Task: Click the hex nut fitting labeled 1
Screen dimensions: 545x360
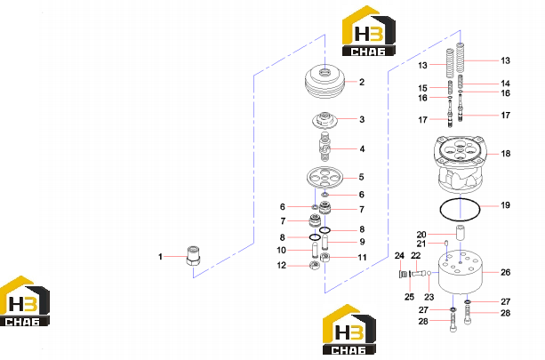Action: tap(193, 256)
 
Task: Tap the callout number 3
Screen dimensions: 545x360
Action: tap(362, 119)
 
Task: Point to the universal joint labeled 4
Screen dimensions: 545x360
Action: tap(325, 146)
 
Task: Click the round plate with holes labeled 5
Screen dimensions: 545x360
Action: tap(325, 178)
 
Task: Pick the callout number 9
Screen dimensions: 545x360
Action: tap(362, 242)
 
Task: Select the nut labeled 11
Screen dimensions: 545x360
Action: tap(325, 258)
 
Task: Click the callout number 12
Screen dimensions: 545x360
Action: tap(282, 266)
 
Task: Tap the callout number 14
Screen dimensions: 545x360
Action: tap(505, 84)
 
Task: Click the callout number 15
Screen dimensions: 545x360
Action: tap(422, 88)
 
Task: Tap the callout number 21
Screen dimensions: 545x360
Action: tap(421, 244)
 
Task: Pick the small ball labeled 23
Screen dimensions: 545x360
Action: tap(429, 273)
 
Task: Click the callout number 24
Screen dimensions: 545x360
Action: tap(399, 256)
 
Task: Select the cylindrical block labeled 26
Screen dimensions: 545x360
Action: tap(460, 272)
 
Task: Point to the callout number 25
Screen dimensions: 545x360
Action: tap(410, 297)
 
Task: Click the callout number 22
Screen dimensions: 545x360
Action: tap(416, 256)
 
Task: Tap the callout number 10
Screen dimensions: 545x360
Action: tap(281, 250)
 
